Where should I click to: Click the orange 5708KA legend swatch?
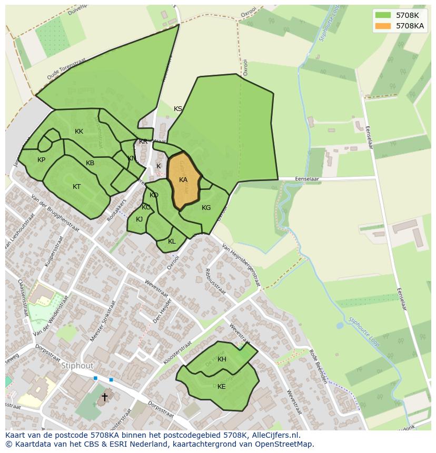[383, 26]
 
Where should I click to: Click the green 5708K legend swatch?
[383, 15]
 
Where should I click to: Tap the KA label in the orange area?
[183, 180]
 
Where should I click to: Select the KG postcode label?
[206, 208]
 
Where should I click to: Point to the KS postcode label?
[178, 109]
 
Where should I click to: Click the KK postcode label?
[79, 132]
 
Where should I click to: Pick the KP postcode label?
[41, 160]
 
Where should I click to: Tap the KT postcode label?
[77, 187]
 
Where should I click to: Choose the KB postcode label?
[90, 163]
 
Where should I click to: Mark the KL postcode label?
[172, 241]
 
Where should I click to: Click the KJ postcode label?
[139, 219]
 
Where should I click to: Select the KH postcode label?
[222, 359]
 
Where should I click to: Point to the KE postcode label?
[221, 387]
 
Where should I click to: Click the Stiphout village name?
[77, 366]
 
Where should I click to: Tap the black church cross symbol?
[105, 397]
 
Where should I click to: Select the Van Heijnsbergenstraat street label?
[241, 265]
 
